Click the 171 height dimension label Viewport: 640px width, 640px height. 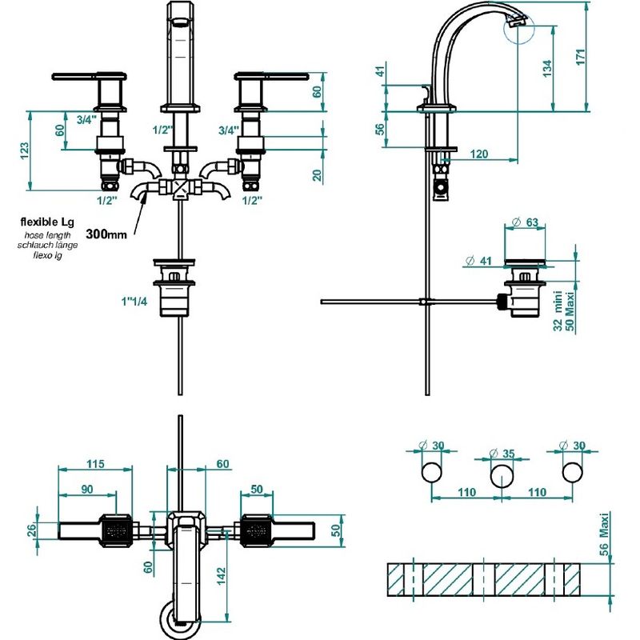(x=581, y=57)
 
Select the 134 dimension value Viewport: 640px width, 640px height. (x=547, y=69)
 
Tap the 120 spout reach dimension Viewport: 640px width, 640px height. (x=478, y=154)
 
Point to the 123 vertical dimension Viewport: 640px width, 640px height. (x=25, y=151)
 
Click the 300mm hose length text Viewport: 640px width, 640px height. (x=106, y=234)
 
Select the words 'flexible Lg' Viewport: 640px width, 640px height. (x=47, y=222)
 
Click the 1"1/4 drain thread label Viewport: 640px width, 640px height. (x=134, y=302)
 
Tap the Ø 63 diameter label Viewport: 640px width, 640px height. (x=525, y=222)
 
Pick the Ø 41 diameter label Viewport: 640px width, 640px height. (x=478, y=261)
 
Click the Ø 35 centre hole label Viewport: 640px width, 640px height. (x=502, y=454)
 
